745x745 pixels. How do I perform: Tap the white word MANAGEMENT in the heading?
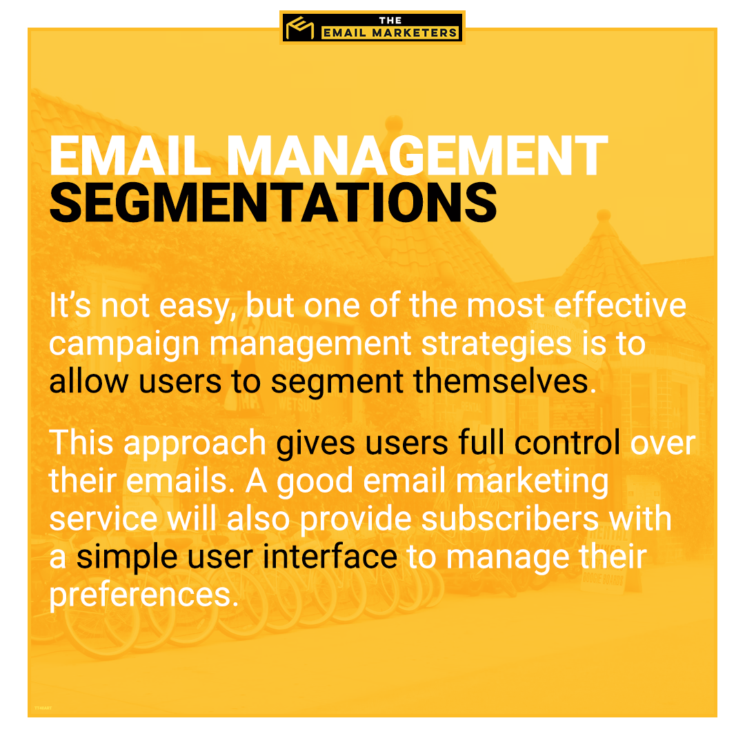417,156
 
